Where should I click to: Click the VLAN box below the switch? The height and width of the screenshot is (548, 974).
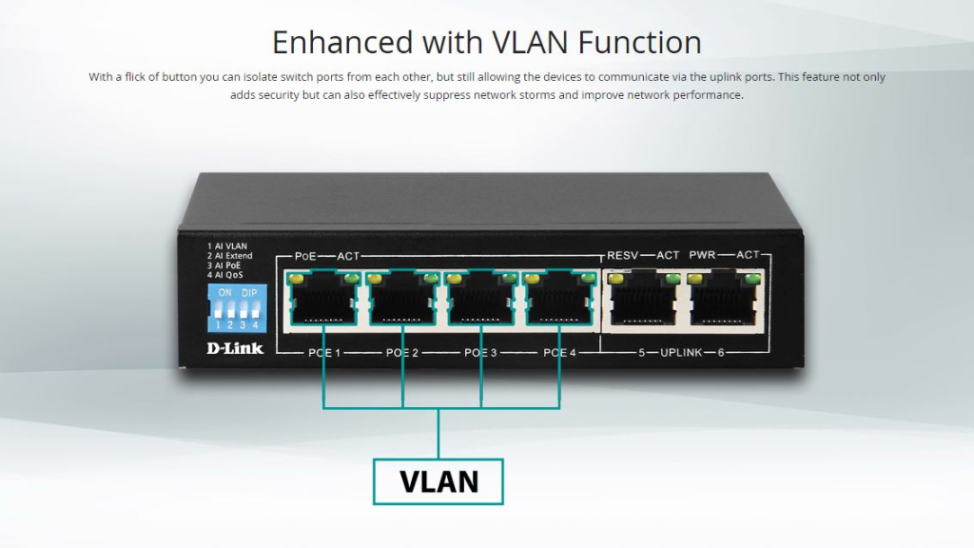[438, 481]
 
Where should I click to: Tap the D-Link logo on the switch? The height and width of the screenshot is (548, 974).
[235, 348]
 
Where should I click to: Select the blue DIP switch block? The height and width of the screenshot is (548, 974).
[237, 308]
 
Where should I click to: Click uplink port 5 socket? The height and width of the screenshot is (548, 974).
[644, 299]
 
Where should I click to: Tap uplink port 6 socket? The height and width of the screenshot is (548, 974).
[724, 299]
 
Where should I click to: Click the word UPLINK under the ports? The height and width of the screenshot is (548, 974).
[681, 352]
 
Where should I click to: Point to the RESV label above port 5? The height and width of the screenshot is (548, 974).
[622, 255]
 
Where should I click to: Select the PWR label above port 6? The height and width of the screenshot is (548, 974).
[702, 255]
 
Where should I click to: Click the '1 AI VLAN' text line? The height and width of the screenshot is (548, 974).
[226, 246]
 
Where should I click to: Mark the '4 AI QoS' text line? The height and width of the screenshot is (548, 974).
[224, 275]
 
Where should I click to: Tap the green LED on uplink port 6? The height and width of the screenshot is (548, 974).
[752, 279]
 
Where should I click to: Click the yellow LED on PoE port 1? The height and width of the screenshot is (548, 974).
[296, 279]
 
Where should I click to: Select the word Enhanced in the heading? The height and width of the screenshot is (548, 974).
[342, 42]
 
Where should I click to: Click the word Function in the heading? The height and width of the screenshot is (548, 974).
[640, 42]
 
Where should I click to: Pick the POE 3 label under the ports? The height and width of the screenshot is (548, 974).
[480, 353]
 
